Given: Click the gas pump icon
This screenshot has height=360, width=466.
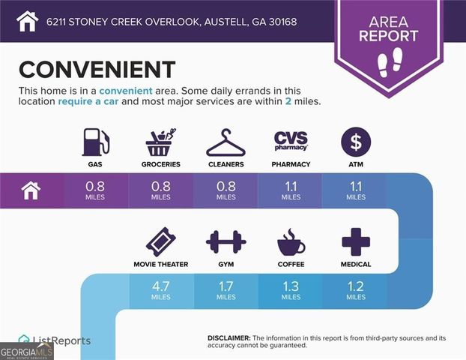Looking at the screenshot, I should pyautogui.click(x=95, y=142).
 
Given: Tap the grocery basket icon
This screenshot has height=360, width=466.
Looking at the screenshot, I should pyautogui.click(x=160, y=142).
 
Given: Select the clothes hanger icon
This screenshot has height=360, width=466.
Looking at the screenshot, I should pyautogui.click(x=226, y=142).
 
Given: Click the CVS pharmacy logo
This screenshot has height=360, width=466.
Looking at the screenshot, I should pyautogui.click(x=291, y=141).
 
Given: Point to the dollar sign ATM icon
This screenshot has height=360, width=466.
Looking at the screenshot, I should pyautogui.click(x=355, y=142).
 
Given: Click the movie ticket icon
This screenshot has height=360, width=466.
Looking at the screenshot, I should pyautogui.click(x=160, y=243).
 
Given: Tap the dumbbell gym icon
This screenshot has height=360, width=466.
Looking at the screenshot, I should pyautogui.click(x=226, y=243).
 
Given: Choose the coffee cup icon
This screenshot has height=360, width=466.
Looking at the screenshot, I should pyautogui.click(x=291, y=243).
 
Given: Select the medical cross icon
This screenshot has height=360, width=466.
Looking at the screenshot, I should pyautogui.click(x=355, y=243).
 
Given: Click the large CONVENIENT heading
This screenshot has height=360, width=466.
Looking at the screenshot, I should pyautogui.click(x=97, y=69).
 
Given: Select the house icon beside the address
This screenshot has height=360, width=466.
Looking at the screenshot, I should pyautogui.click(x=27, y=20).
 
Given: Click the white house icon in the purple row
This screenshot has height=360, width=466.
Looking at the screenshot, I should pyautogui.click(x=30, y=190).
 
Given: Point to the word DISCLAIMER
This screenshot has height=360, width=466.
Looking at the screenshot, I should pyautogui.click(x=229, y=338).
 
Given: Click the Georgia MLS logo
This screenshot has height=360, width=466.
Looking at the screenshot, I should pyautogui.click(x=27, y=351).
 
